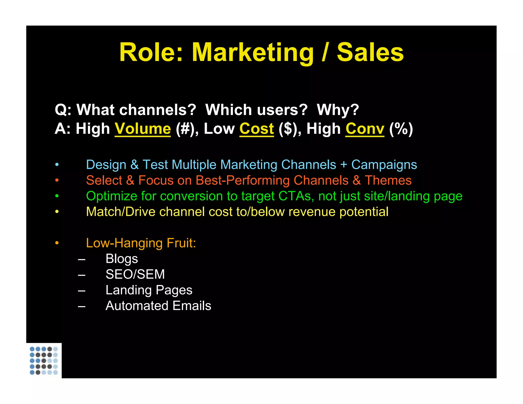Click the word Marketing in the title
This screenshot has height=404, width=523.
click(x=252, y=53)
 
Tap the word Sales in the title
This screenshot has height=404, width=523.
click(x=370, y=53)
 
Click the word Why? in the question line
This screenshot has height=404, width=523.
click(x=338, y=110)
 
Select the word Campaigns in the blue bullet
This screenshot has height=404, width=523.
click(x=384, y=165)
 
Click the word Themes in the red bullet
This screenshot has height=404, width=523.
click(x=388, y=180)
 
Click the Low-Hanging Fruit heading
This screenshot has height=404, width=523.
click(x=141, y=243)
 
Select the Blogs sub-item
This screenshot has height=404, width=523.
click(x=122, y=259)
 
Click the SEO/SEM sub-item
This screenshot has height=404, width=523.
click(x=135, y=274)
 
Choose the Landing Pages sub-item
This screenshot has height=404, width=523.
click(x=149, y=290)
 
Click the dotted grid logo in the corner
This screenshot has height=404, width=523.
click(x=44, y=361)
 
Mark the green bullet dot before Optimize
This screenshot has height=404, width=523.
click(x=57, y=196)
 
